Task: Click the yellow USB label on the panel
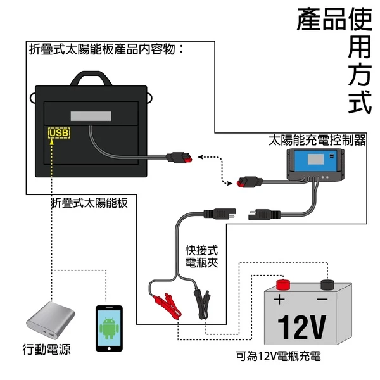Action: (x=59, y=134)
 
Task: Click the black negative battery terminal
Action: (x=327, y=284)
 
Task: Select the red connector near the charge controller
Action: (x=243, y=183)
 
